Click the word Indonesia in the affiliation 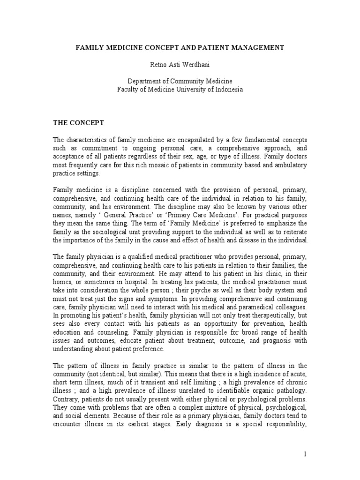click(227, 90)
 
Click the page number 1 click(304, 454)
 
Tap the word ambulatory click(289, 165)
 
